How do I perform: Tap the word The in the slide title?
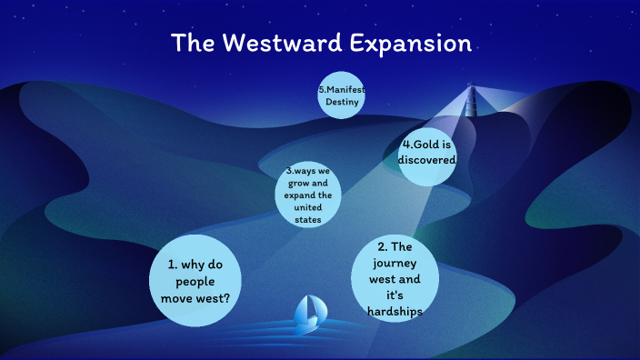[193, 43]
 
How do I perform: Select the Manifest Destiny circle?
[341, 95]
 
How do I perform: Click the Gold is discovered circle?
[426, 153]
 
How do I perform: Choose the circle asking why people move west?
[195, 280]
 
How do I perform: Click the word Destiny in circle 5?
[341, 103]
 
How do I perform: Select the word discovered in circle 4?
[426, 160]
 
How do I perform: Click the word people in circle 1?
[195, 281]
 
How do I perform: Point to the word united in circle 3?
[307, 207]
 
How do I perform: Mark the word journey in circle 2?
[394, 264]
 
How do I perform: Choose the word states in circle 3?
[307, 219]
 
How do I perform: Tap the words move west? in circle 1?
[195, 297]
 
